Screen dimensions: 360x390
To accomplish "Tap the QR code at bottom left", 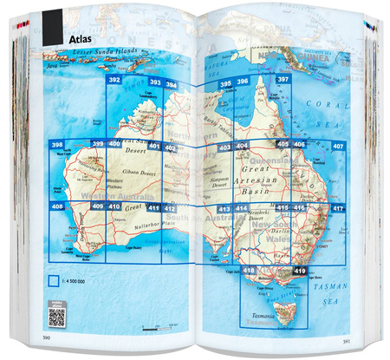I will point(57,315).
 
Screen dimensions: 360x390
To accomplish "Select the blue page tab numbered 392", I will point(113,80).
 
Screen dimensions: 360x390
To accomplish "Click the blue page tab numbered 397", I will point(283,81).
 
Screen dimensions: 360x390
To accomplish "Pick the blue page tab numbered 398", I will point(57,145).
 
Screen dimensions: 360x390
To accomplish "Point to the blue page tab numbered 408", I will point(57,206).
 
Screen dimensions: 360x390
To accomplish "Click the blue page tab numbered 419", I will point(300,272).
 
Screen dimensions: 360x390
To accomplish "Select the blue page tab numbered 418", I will point(250,272).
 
